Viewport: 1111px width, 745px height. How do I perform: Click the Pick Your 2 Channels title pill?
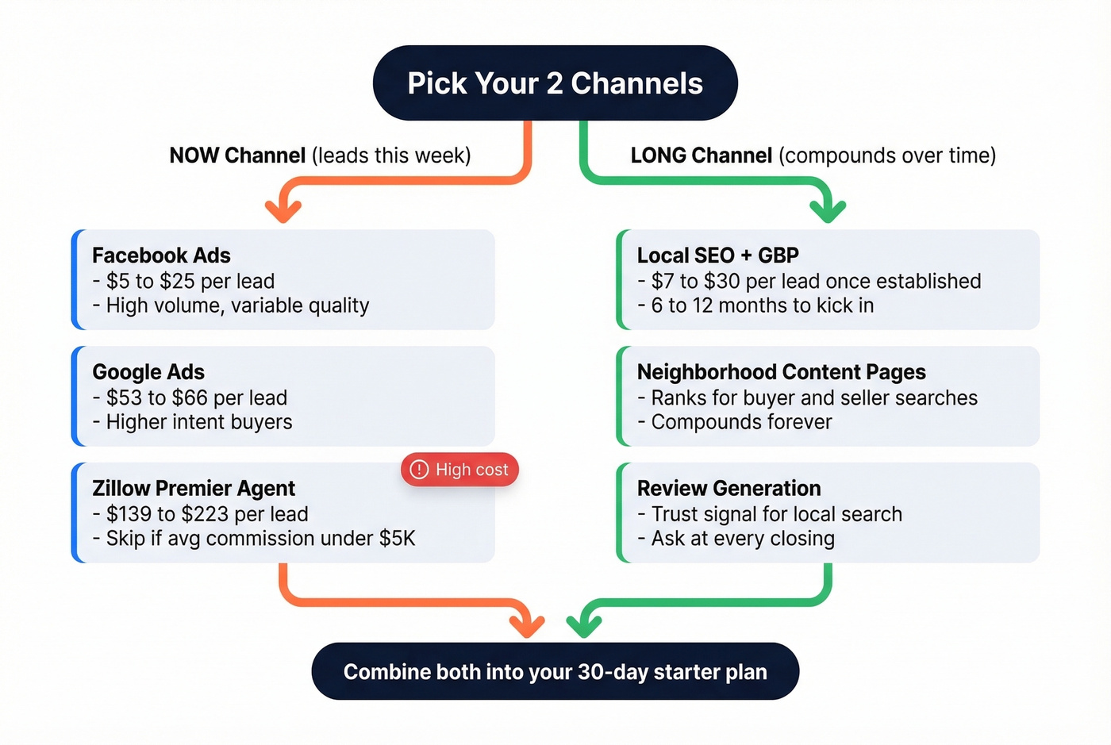tap(555, 83)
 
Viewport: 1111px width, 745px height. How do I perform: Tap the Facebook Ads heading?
tap(161, 255)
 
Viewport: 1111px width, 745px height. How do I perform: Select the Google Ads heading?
tap(148, 372)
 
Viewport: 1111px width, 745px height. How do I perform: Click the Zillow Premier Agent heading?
tap(194, 488)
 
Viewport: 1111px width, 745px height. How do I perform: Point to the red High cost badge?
tap(460, 470)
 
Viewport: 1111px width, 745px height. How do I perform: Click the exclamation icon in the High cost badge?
tap(419, 470)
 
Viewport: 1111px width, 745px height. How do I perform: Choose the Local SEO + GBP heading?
tap(717, 255)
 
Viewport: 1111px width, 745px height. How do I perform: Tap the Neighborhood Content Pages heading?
tap(781, 372)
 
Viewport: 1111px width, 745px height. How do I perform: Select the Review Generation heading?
tap(728, 488)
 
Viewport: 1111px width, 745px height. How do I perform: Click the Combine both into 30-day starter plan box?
tap(555, 672)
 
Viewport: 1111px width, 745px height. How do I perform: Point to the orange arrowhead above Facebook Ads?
tap(283, 210)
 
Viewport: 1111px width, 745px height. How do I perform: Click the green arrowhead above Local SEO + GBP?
tap(828, 210)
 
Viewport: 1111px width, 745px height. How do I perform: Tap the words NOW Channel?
tap(237, 156)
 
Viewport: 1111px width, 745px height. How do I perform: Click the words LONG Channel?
tap(701, 156)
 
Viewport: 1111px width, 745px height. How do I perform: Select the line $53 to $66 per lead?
tap(196, 397)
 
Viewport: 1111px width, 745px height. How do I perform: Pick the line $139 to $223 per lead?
tap(206, 514)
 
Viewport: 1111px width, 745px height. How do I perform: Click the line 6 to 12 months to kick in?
tap(762, 305)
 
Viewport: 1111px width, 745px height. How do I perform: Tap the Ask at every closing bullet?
tap(742, 539)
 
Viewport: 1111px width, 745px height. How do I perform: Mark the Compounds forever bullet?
tap(741, 422)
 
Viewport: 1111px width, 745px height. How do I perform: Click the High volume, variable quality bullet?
tap(237, 305)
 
